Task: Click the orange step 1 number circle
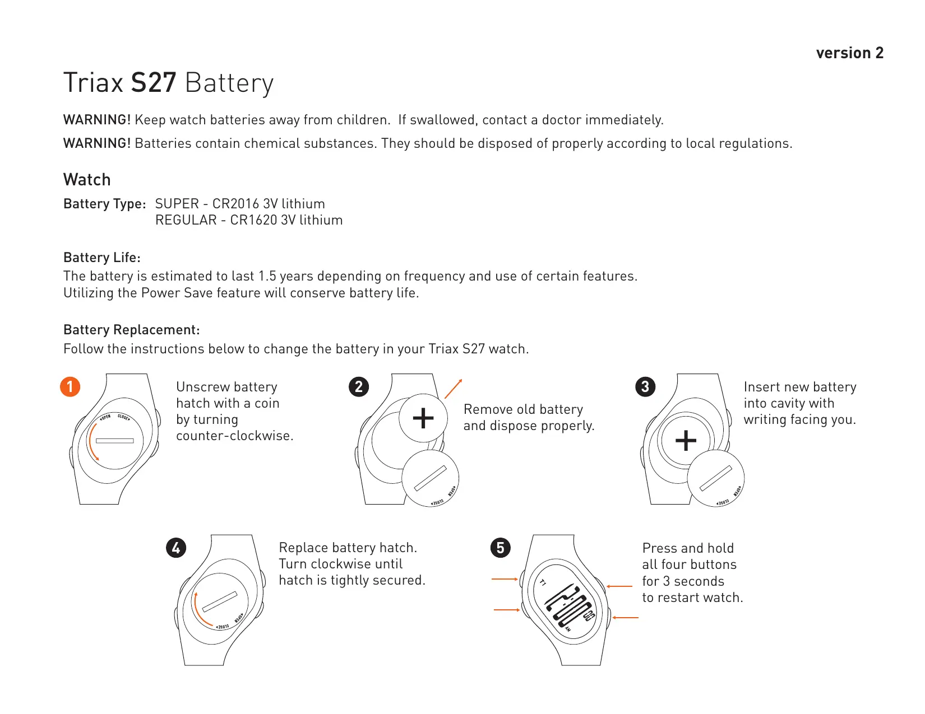coord(70,386)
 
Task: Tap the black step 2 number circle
coord(359,386)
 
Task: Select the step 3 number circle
coord(645,386)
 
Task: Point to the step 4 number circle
coord(176,547)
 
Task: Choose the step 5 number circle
coord(501,547)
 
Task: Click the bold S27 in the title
coord(154,83)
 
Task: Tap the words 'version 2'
coord(849,53)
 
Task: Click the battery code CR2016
coord(235,204)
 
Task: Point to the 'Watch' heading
coord(87,180)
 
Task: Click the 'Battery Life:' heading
coord(102,258)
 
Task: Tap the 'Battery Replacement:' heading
coord(132,330)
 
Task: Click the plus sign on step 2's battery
coord(423,418)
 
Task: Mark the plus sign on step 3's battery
coord(686,441)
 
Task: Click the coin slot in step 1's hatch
coord(115,441)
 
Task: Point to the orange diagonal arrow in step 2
coord(453,389)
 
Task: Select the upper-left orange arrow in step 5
coord(505,579)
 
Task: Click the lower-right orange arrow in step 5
coord(626,618)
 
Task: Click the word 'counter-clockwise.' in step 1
coord(234,436)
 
